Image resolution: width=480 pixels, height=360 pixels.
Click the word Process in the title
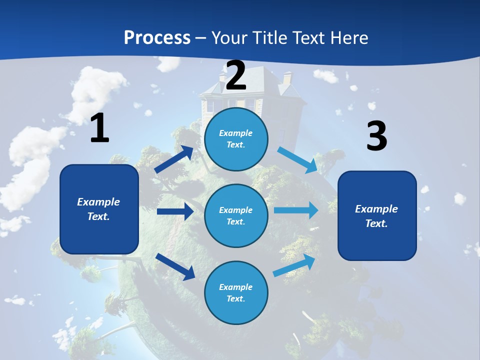157,37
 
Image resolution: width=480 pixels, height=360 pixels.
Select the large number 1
99,128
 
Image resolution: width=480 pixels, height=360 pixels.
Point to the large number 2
236,75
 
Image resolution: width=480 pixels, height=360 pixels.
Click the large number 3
376,136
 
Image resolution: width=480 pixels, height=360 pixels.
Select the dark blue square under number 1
99,209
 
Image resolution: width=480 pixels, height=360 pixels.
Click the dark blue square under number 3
377,215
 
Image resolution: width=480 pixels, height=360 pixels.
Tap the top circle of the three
236,139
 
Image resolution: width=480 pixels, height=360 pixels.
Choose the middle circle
236,215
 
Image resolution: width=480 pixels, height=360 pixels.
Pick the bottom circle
236,292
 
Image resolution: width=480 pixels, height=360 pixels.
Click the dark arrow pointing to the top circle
174,159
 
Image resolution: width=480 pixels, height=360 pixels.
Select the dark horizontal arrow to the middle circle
175,211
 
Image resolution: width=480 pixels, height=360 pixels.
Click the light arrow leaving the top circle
298,159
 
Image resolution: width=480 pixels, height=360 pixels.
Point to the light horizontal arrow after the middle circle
295,210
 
